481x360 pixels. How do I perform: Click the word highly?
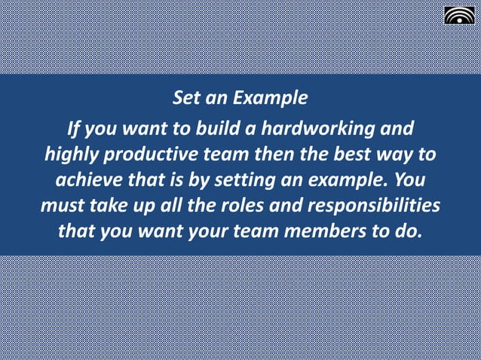[x=69, y=156]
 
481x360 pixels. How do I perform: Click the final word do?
[x=408, y=231]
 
